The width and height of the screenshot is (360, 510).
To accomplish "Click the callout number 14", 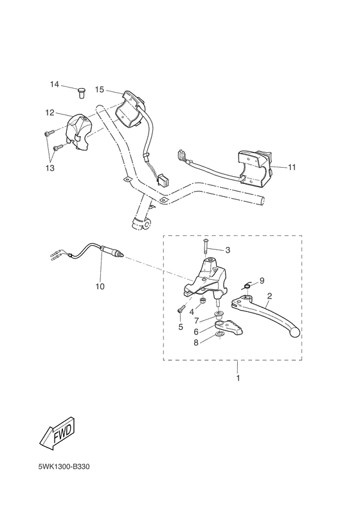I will coord(55,85).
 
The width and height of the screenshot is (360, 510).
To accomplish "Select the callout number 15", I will coord(99,89).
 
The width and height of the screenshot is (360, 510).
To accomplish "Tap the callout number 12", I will coord(49,112).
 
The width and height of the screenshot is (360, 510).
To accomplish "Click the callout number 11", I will coord(291,167).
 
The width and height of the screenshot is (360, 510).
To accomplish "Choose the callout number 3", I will coord(226,250).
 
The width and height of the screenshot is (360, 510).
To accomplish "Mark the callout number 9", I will coord(262,280).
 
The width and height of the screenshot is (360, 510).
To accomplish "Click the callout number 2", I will coord(269,296).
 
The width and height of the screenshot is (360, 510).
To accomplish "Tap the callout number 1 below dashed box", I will coord(237,378).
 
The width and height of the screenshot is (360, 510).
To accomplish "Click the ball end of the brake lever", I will coord(295,332).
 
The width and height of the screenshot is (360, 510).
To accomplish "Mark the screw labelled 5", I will coord(181,311).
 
